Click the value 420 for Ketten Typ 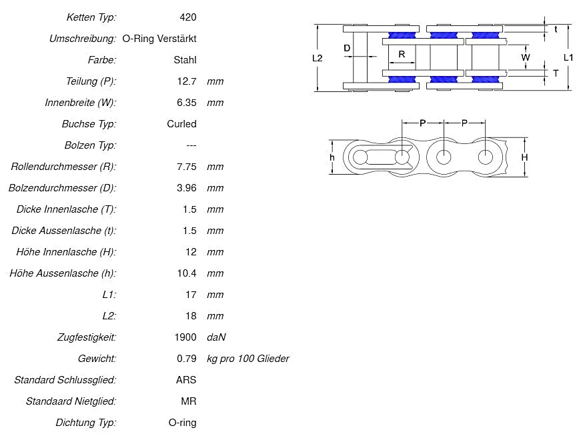pos(188,17)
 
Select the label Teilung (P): pos(91,81)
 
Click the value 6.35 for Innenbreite pos(186,103)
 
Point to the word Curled pos(181,124)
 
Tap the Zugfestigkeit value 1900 pos(185,337)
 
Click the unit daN pos(216,337)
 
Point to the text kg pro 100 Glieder pos(248,359)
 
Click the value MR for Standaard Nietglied pos(189,401)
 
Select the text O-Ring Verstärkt pos(159,39)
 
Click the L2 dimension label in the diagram pos(318,58)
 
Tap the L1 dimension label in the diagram pos(568,58)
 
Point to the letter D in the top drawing pos(347,48)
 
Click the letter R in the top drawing pos(402,54)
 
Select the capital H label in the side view pos(524,157)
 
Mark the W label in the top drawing pos(526,58)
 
